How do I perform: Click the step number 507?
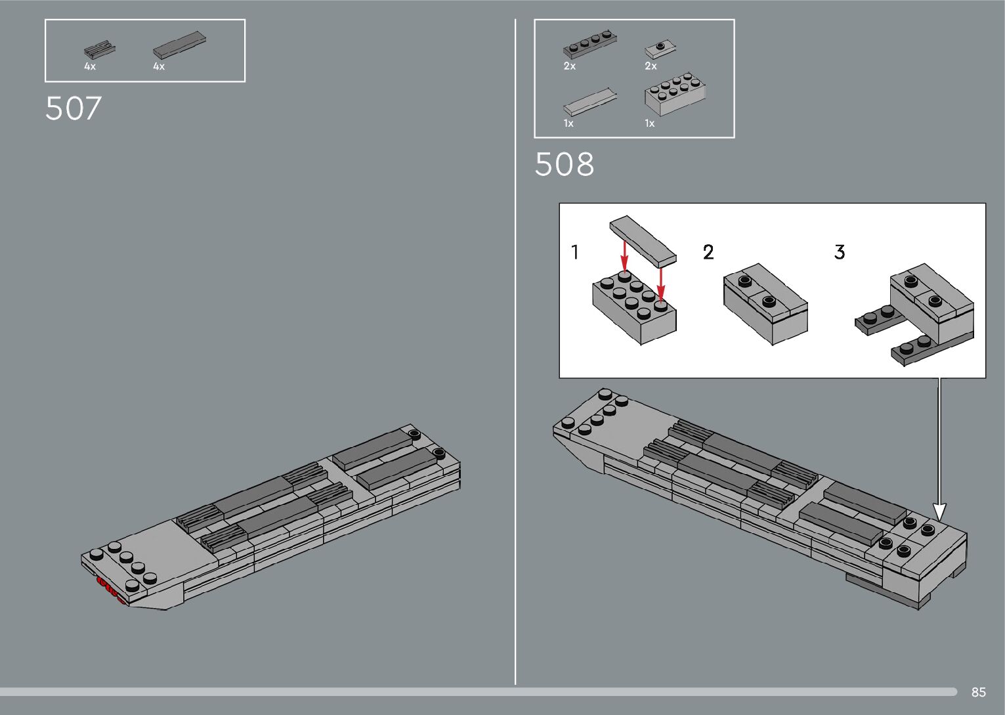(74, 109)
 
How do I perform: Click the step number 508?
(564, 164)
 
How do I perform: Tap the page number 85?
(978, 692)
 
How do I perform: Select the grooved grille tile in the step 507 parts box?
(99, 50)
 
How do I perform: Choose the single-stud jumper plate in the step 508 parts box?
(661, 49)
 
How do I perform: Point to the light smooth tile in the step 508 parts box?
(589, 102)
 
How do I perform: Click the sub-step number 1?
(575, 252)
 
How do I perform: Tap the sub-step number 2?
(708, 252)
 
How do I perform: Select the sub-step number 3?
(839, 252)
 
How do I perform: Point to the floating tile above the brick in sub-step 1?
(643, 240)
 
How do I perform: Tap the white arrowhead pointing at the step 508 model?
(939, 511)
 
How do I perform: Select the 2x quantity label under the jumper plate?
(651, 66)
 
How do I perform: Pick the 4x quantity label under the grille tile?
(90, 66)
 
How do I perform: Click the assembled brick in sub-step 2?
(765, 303)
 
